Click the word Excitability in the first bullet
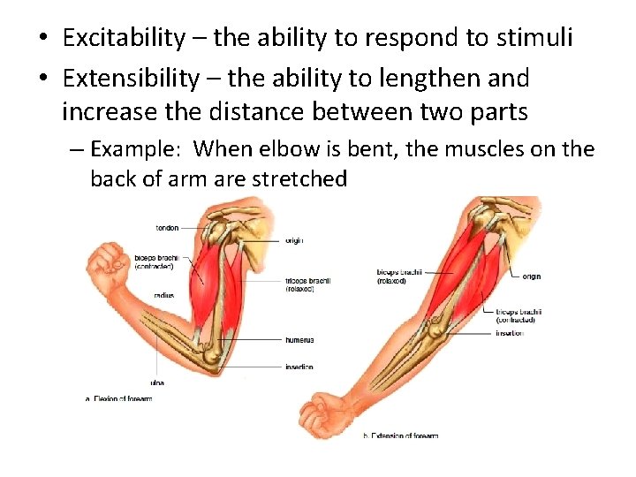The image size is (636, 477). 125,38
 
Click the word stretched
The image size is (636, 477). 299,179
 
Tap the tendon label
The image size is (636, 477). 167,228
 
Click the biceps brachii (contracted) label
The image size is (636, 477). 155,261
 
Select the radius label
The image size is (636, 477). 163,295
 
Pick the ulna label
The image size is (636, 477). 156,382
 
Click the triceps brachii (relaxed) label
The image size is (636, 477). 308,284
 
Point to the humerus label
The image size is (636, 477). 299,339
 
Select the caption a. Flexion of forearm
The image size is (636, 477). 119,398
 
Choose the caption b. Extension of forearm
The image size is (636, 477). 401,435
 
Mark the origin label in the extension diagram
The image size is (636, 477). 531,276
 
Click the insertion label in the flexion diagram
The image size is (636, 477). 299,367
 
